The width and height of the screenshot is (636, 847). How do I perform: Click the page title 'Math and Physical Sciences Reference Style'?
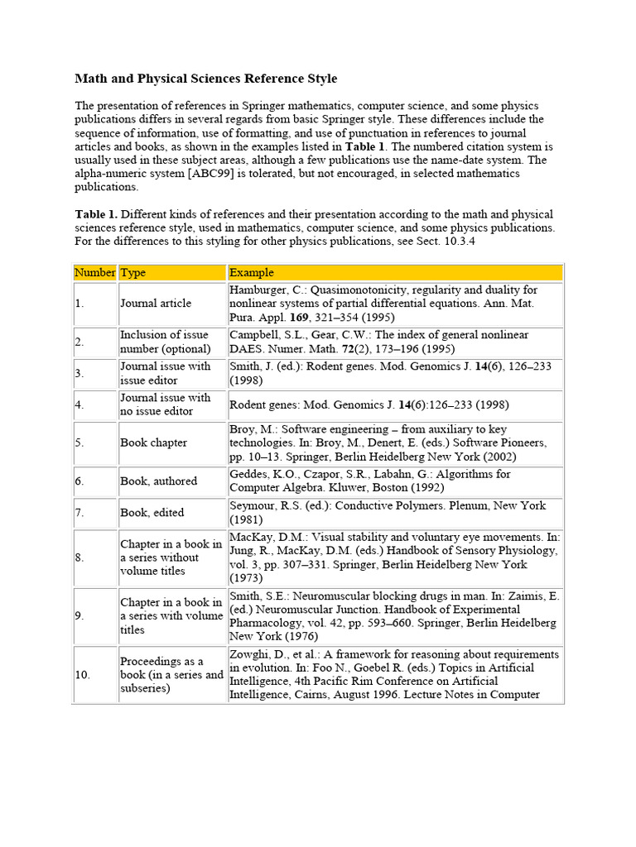(x=206, y=79)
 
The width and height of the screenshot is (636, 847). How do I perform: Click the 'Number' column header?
(x=94, y=272)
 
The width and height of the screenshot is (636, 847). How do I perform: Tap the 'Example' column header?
(x=252, y=272)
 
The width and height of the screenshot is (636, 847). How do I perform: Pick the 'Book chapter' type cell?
(x=154, y=443)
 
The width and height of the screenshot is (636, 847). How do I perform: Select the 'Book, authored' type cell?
(x=159, y=481)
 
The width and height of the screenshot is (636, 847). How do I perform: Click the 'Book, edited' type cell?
(x=152, y=513)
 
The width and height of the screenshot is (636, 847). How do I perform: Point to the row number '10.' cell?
(x=83, y=675)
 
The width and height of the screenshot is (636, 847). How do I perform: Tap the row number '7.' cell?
(x=79, y=513)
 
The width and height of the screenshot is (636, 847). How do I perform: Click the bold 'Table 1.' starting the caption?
(x=97, y=214)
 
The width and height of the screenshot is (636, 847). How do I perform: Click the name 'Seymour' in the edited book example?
(x=253, y=505)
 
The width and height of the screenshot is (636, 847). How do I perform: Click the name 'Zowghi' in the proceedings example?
(x=249, y=654)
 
